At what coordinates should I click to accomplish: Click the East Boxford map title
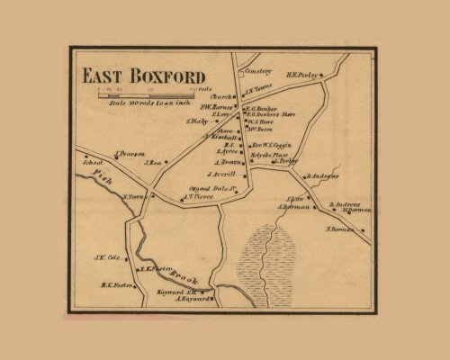(x=144, y=76)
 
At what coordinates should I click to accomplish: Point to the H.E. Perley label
(x=304, y=76)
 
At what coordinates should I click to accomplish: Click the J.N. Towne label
(x=258, y=88)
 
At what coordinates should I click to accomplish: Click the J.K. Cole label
(x=107, y=257)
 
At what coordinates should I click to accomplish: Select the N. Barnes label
(x=339, y=229)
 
